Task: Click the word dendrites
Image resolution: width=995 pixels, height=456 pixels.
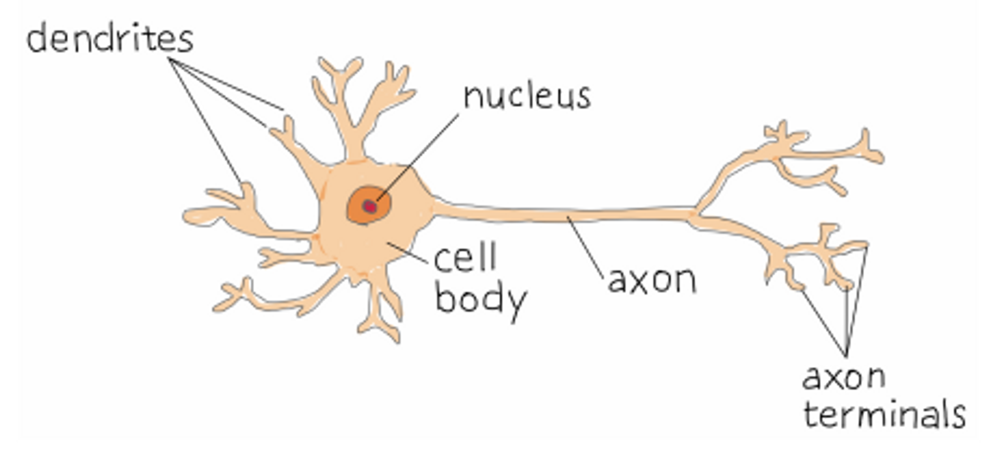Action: coord(109,39)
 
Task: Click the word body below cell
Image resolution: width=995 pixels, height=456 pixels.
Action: coord(480,299)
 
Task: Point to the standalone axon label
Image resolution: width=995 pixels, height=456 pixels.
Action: coord(652,280)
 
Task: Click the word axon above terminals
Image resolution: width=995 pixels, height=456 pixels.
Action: coord(844,377)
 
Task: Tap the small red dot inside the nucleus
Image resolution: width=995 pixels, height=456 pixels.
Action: coord(369,206)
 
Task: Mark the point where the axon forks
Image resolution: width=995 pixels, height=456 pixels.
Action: coord(695,214)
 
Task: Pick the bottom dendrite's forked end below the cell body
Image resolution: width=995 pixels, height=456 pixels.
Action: coord(381,328)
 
